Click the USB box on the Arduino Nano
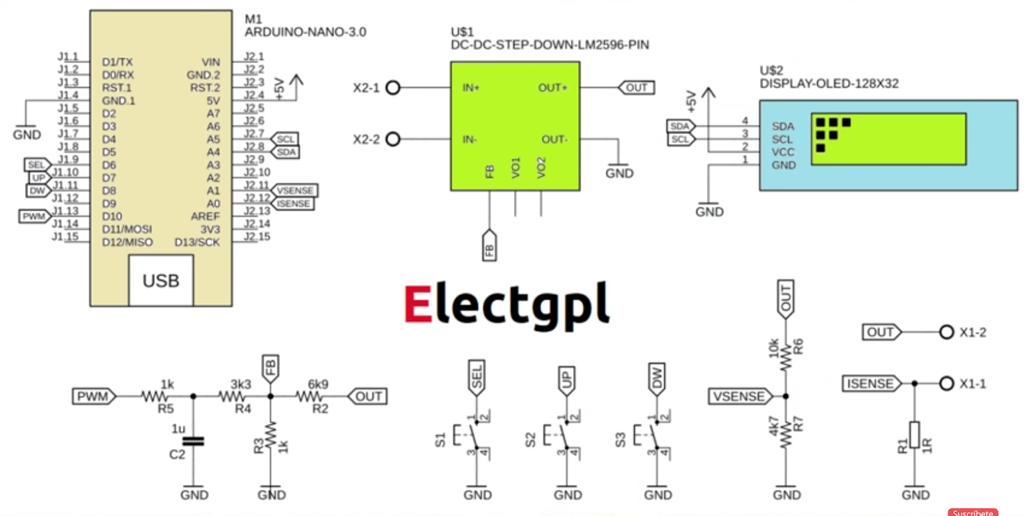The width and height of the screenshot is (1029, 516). coord(161,281)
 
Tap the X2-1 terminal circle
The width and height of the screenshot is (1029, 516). coord(393,88)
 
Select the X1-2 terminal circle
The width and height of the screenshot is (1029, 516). coord(946,332)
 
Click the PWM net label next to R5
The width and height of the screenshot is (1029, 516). coord(93,396)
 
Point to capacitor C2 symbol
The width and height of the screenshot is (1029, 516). coord(193,441)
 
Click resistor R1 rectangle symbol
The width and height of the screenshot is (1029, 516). coord(914,435)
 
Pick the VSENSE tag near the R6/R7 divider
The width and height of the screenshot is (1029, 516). coord(740,396)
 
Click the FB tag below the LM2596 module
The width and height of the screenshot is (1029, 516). coord(489,246)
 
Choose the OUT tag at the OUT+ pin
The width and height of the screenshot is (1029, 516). coord(636,88)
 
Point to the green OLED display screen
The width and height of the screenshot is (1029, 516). coord(889,139)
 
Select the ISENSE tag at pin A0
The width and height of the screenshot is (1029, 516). coord(293,203)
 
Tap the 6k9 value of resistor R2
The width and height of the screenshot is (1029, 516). coord(318,384)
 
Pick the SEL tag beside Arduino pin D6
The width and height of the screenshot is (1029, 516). coord(37,165)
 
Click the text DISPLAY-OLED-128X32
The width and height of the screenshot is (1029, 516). coord(829,84)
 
